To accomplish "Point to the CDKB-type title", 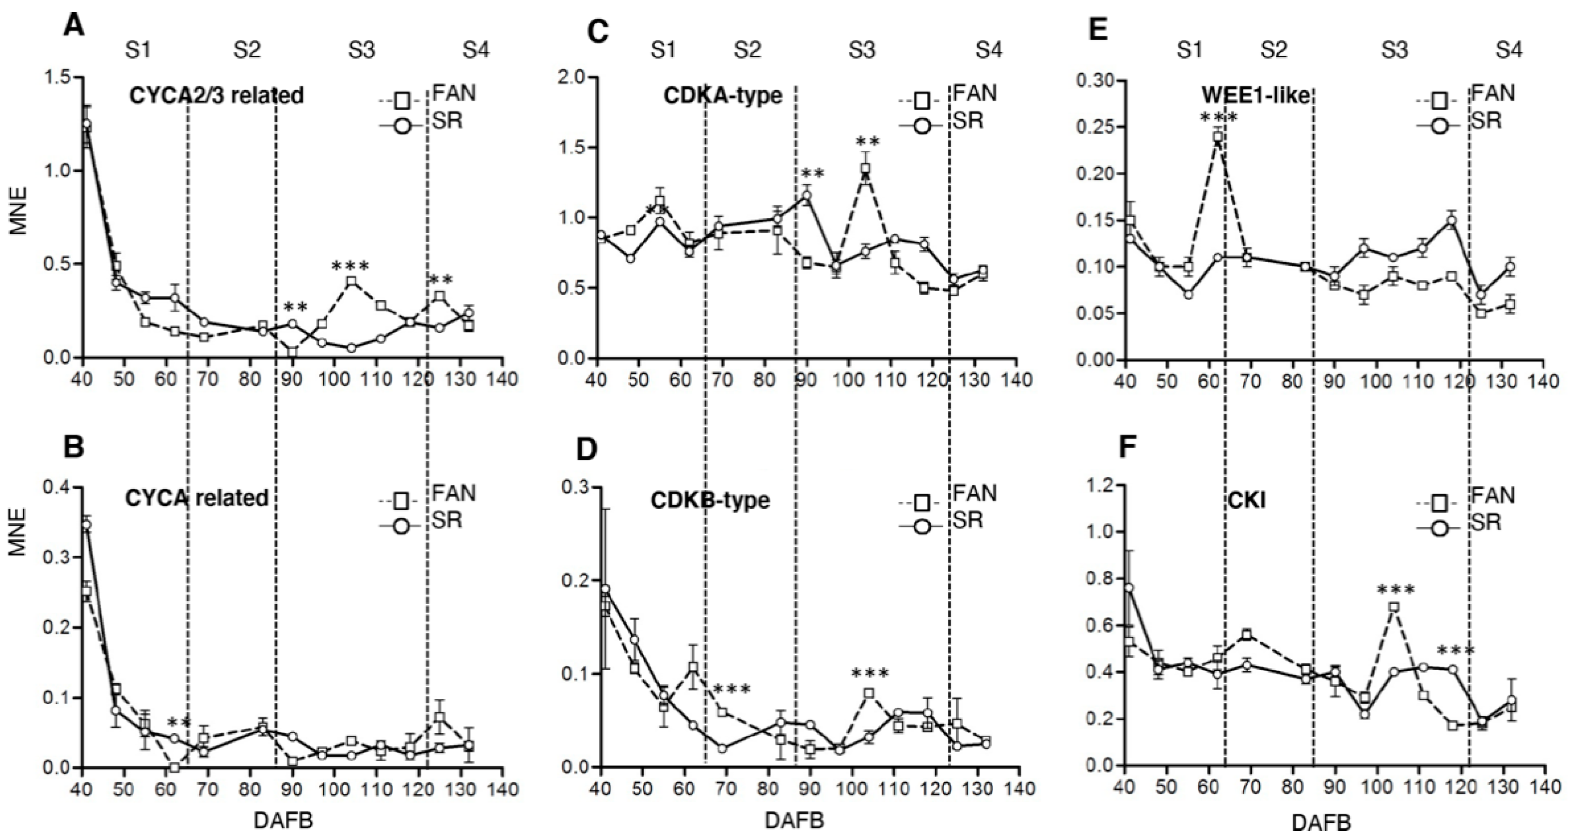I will [x=710, y=500].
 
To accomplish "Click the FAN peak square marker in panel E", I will [x=1218, y=137].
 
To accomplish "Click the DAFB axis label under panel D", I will [x=794, y=821].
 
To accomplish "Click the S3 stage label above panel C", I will [x=861, y=50].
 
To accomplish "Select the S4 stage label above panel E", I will [x=1509, y=50].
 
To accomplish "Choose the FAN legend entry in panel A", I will [x=454, y=94].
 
